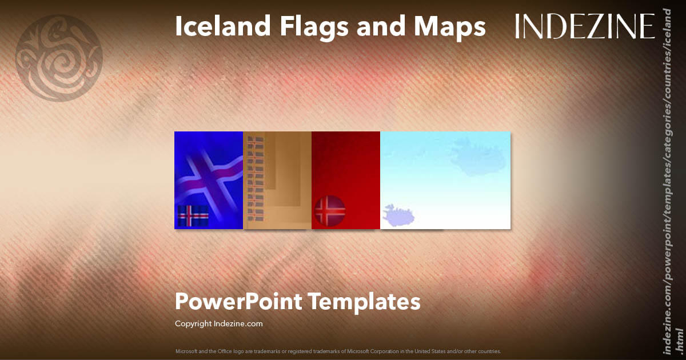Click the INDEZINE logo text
585,27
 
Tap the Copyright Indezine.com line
218,323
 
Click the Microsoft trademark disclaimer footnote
338,351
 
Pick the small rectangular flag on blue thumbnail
193,216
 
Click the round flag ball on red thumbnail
329,211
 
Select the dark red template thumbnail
346,166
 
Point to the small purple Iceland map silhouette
399,215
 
